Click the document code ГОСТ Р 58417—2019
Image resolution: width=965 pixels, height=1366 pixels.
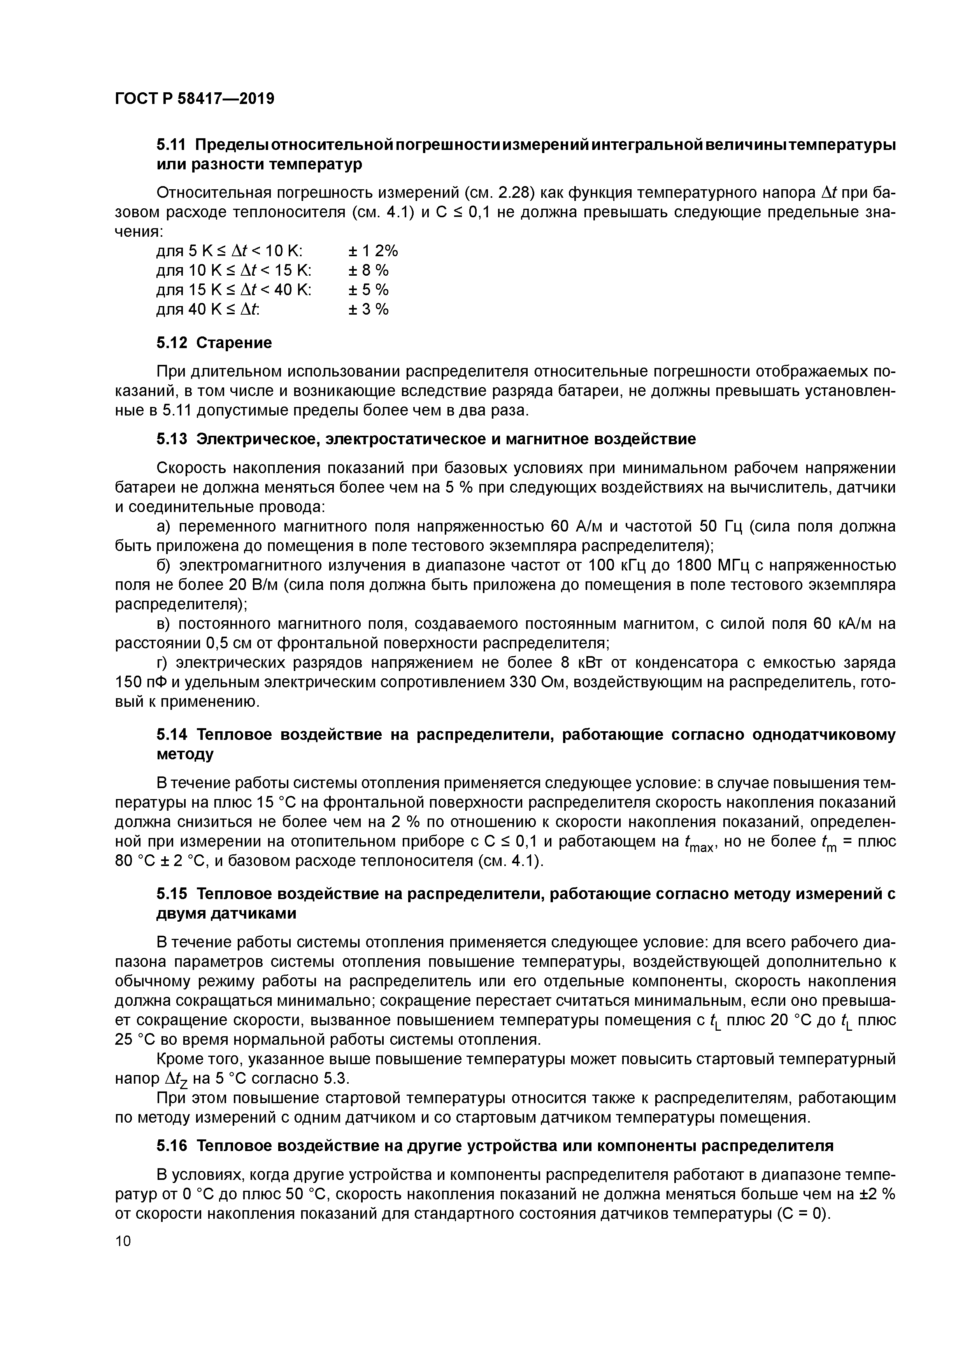pos(195,99)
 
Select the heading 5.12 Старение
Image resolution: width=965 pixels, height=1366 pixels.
pos(214,343)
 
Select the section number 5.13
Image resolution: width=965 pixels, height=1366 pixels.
pos(172,439)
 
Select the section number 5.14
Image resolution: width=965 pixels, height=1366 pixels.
pos(172,735)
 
